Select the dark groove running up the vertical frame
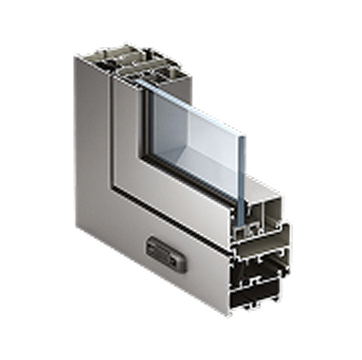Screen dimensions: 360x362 point(106,142)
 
